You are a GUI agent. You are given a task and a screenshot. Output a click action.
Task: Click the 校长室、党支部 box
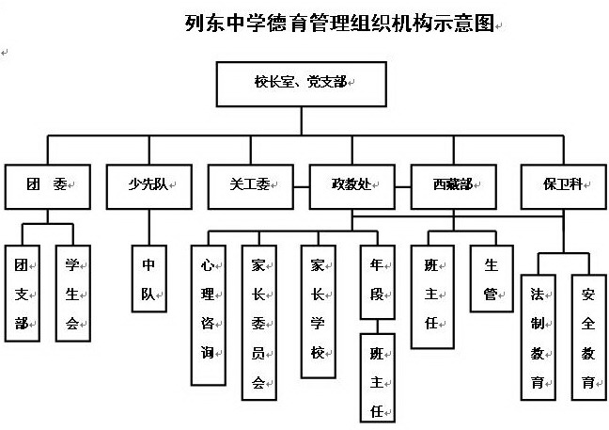(x=302, y=84)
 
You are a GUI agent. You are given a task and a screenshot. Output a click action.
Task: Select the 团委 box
(x=48, y=186)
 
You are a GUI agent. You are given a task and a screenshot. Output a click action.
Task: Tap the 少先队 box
(x=149, y=186)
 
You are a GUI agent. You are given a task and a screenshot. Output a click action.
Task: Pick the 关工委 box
(x=251, y=186)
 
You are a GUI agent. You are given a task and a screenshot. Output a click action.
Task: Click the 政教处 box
(x=352, y=186)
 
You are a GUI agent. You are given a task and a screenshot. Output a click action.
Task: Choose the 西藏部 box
(x=454, y=186)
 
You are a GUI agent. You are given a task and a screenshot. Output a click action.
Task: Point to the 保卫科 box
(x=564, y=186)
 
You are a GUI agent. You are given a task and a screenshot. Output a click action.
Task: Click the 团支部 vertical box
(x=23, y=294)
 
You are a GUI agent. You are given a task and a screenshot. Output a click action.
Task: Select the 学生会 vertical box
(x=73, y=294)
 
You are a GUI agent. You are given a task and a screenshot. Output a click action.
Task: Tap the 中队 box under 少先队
(x=149, y=279)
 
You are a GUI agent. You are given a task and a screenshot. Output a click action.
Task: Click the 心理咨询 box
(x=209, y=315)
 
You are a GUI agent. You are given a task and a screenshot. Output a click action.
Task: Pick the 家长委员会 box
(x=259, y=323)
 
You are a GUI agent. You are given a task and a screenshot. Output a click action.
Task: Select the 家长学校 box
(x=319, y=311)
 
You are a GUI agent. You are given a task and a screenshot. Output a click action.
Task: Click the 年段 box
(x=378, y=282)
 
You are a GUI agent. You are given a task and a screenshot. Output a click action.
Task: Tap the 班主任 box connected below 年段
(x=378, y=377)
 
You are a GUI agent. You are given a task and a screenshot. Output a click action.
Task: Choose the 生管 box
(x=492, y=279)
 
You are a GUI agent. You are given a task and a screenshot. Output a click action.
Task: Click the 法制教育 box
(x=539, y=337)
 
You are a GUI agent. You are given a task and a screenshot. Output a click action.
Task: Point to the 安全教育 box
(x=589, y=337)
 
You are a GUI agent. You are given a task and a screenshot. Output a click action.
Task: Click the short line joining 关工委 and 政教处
(x=302, y=187)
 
